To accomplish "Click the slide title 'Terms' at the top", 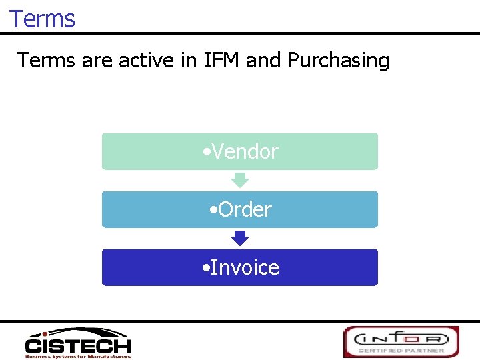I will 42,19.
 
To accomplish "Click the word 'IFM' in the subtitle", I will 219,61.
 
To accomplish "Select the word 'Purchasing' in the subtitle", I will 338,61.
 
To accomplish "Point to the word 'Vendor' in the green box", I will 245,152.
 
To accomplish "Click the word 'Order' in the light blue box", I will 245,210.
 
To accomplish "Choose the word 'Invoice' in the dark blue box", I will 245,268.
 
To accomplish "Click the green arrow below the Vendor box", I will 239,180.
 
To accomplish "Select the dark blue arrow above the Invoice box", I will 239,238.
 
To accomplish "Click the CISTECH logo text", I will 78,346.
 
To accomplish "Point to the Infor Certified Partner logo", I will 401,341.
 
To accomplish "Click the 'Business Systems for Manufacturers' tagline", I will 78,356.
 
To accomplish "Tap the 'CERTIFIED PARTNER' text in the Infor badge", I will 401,349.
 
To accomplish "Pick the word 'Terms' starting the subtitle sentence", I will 46,61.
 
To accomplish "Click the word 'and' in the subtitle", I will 263,61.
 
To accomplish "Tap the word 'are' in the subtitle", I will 97,61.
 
